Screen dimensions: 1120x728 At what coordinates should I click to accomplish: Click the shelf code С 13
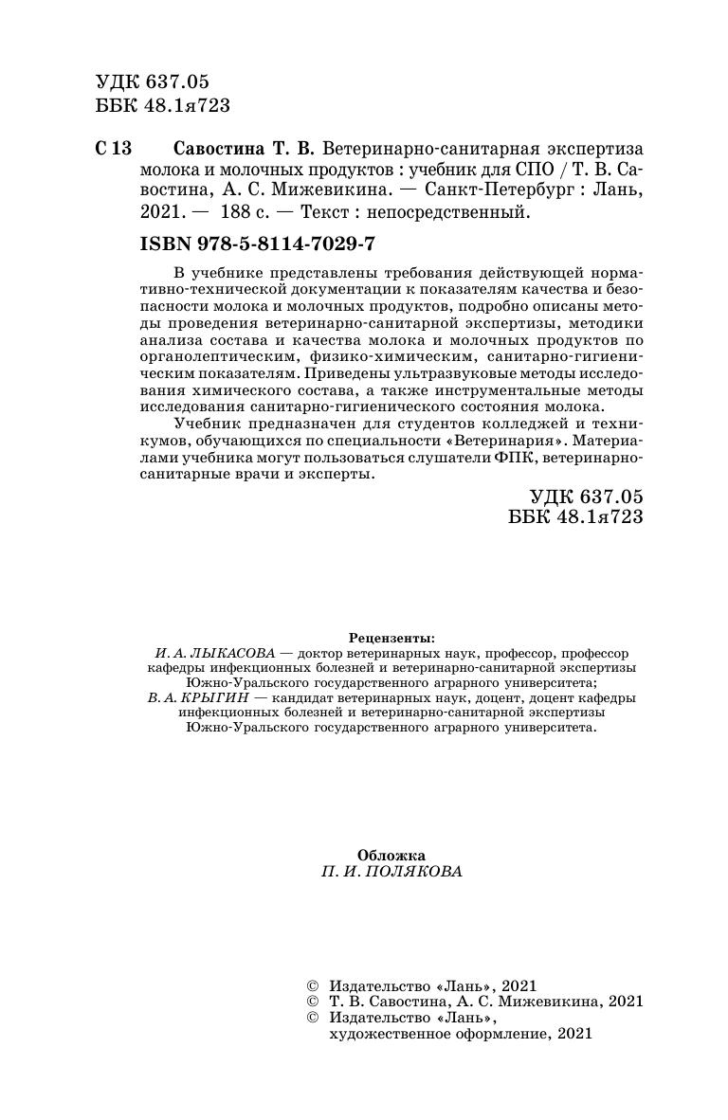[115, 150]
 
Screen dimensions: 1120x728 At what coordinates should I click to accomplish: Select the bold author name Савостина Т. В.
[245, 150]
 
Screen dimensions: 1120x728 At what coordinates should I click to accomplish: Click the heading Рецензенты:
[392, 638]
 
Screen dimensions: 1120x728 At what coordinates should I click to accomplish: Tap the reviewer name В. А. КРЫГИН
[198, 698]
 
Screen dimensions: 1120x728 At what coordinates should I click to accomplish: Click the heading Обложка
[392, 855]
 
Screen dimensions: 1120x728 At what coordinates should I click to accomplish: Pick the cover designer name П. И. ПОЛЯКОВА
[392, 873]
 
